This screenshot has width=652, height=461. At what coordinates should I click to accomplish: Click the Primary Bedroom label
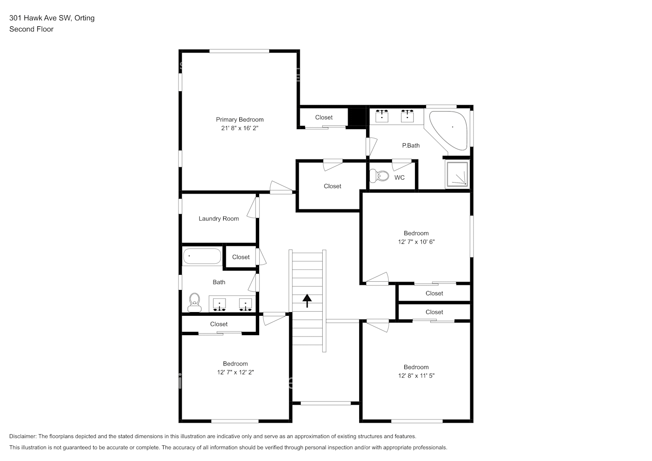coord(239,119)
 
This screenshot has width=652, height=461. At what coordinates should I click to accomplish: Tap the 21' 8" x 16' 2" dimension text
coord(239,128)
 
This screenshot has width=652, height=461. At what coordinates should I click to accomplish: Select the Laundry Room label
coord(219,219)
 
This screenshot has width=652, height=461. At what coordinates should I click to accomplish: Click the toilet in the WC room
coord(380,176)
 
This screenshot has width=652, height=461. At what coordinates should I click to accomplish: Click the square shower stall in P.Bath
coord(456,175)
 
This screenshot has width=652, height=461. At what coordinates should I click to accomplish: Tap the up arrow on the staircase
coord(307,301)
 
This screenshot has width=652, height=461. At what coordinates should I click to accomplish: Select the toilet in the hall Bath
coord(195,302)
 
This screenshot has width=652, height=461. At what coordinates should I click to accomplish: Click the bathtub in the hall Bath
coord(202,256)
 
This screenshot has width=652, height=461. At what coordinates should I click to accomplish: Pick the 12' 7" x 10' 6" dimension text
coord(416,242)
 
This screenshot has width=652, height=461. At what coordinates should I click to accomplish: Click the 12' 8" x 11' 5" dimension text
coord(416,376)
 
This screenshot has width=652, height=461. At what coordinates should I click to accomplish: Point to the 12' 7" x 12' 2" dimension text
coord(235,372)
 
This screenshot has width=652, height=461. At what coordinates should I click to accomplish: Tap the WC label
coord(399,177)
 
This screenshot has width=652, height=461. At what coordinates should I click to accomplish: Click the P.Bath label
coord(410,145)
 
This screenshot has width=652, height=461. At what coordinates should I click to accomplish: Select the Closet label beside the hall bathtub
coord(241,257)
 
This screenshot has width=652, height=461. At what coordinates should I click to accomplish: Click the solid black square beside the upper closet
coord(356,116)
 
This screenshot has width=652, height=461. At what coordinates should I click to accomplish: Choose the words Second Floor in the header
coord(31,29)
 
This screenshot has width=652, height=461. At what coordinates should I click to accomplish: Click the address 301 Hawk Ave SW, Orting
coord(52,18)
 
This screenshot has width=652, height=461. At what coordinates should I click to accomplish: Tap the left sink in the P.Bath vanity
coord(381,116)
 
